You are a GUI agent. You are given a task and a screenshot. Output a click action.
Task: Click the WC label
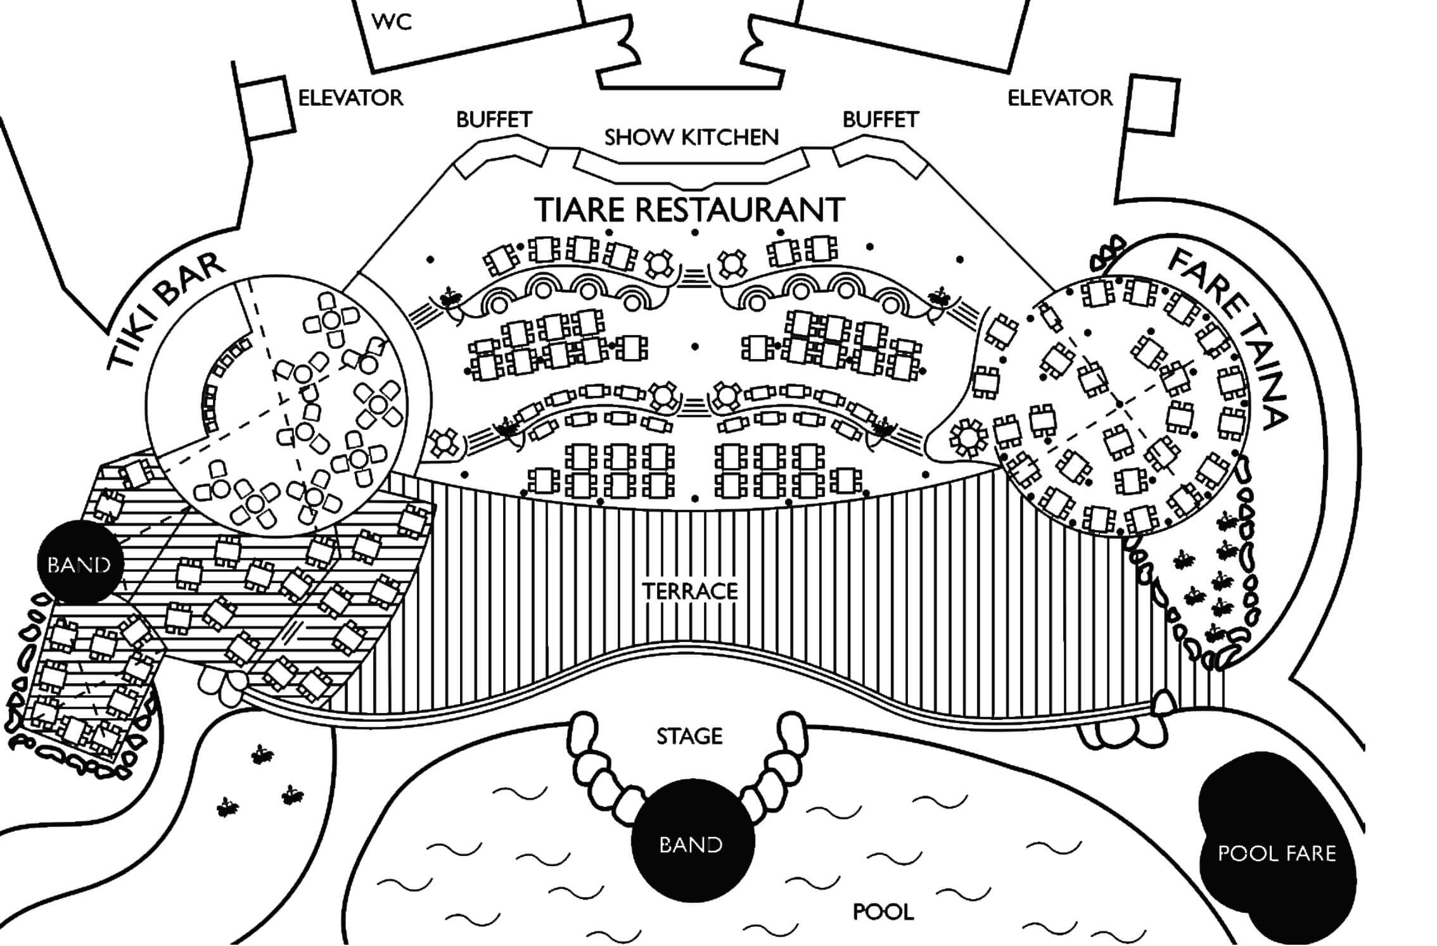(392, 22)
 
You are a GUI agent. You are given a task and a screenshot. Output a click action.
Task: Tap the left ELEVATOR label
(350, 98)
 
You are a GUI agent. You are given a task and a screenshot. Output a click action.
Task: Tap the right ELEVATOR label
(1060, 98)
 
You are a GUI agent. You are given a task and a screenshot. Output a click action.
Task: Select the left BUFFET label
(494, 119)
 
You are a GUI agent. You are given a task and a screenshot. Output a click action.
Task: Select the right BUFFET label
(881, 119)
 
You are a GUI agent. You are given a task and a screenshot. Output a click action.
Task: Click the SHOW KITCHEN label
(691, 137)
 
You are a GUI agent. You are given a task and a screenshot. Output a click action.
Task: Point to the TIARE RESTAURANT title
(691, 210)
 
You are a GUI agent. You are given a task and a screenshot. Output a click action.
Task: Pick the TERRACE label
(690, 591)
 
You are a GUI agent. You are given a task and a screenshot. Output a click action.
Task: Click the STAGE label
(689, 736)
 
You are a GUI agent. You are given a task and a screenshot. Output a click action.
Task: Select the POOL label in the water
(883, 912)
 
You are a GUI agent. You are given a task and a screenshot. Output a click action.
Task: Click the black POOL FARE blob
(1277, 855)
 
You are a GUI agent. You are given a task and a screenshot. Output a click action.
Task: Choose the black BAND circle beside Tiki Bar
(79, 563)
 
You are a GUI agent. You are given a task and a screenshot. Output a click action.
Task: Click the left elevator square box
(267, 110)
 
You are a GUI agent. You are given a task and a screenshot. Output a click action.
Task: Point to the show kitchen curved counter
(691, 167)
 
